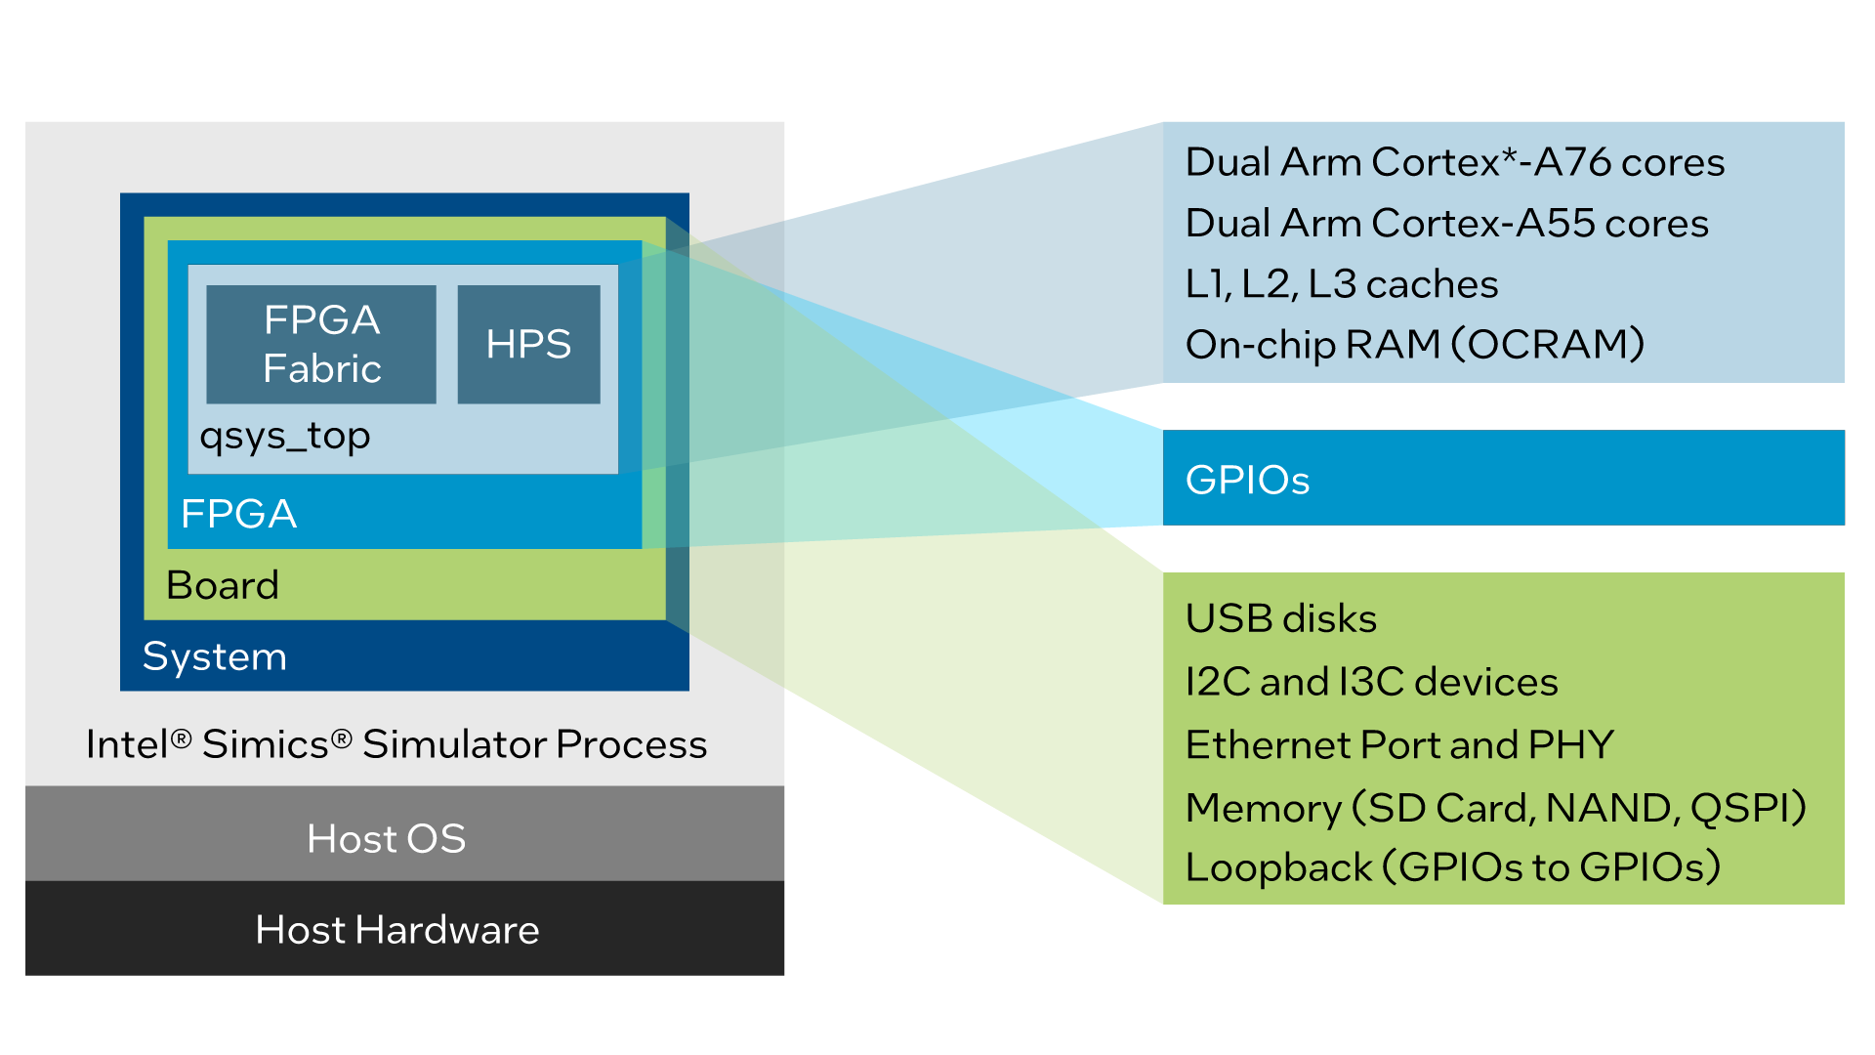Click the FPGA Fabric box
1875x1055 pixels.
click(x=321, y=344)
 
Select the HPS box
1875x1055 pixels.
click(x=528, y=344)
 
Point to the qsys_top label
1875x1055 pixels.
click(x=285, y=436)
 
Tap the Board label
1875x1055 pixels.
click(x=223, y=585)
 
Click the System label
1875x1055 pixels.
click(x=215, y=656)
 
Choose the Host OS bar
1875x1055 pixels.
click(x=404, y=838)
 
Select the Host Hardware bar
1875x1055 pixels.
click(x=404, y=929)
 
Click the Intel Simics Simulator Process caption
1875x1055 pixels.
click(x=396, y=744)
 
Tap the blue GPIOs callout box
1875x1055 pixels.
click(x=1503, y=479)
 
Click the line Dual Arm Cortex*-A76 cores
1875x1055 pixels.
click(x=1454, y=162)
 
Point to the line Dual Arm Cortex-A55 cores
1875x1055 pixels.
click(x=1446, y=224)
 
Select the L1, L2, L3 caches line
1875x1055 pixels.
click(x=1341, y=284)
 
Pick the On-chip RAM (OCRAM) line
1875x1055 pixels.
click(x=1414, y=345)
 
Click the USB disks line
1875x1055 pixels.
click(x=1280, y=618)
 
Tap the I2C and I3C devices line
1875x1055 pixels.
click(x=1371, y=682)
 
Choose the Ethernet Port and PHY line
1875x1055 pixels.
click(x=1399, y=745)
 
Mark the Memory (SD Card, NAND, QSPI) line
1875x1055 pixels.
click(x=1495, y=808)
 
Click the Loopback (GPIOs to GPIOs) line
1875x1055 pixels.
click(x=1452, y=867)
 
